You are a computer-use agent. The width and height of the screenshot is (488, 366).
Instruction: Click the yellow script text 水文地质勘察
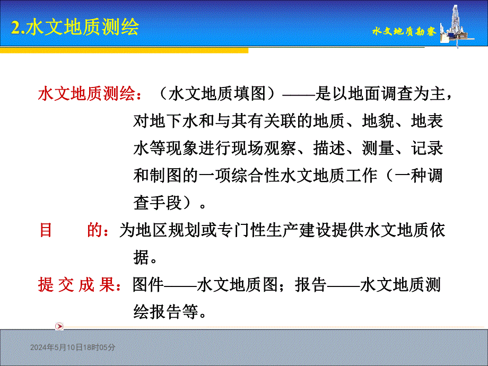click(x=404, y=32)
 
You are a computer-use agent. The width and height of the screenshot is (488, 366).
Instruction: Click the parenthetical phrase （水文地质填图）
click(x=219, y=94)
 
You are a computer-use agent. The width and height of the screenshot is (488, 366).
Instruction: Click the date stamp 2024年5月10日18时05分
click(x=73, y=347)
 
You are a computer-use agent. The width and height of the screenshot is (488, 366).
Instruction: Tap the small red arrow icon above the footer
click(x=59, y=326)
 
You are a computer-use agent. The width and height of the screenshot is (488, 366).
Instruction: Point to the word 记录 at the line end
click(x=427, y=149)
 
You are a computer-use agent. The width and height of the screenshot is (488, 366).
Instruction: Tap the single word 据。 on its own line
click(x=145, y=258)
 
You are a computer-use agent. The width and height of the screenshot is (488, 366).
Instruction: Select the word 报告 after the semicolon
click(x=311, y=285)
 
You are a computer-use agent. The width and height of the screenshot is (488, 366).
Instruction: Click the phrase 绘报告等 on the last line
click(x=165, y=312)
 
